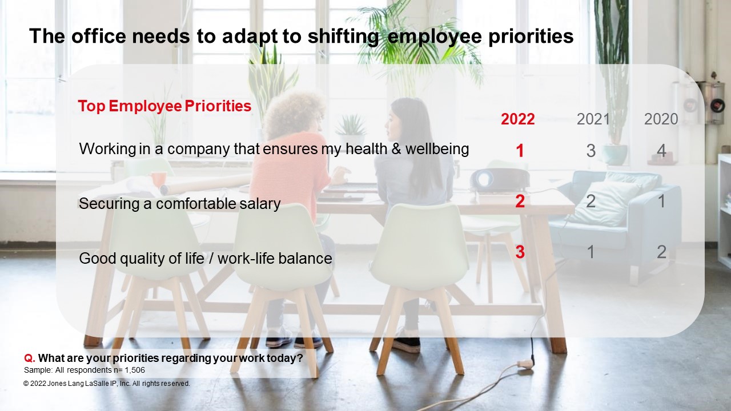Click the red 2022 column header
click(x=517, y=119)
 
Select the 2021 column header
click(x=593, y=119)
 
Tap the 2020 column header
click(x=661, y=119)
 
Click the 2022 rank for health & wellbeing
click(x=520, y=151)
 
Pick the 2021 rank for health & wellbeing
click(x=591, y=151)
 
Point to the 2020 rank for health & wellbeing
click(x=661, y=151)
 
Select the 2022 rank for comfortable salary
click(x=520, y=201)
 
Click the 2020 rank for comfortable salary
click(x=662, y=201)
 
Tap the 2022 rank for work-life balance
click(x=520, y=252)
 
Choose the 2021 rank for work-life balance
click(x=591, y=252)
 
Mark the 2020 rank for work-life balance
click(x=661, y=252)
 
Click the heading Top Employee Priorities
click(x=164, y=106)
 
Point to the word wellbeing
click(x=437, y=150)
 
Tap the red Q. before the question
click(x=29, y=358)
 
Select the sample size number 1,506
click(x=135, y=370)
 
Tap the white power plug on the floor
click(x=525, y=362)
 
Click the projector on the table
click(x=499, y=180)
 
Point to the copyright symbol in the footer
click(x=26, y=384)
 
